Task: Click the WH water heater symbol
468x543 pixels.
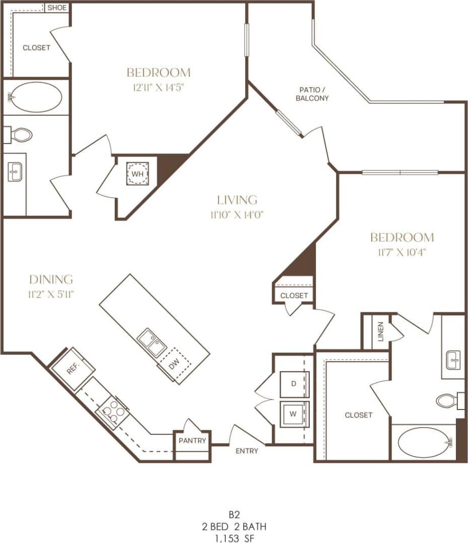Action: [x=137, y=174]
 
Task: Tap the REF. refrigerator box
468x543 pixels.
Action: [x=73, y=369]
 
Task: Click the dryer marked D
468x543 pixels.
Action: [x=293, y=384]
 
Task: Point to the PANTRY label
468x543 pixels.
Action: [x=192, y=441]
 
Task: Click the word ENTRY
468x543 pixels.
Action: [x=247, y=451]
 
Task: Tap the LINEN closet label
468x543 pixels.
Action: [x=380, y=332]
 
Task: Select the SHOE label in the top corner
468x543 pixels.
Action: [x=57, y=8]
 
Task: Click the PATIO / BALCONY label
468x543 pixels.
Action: [x=312, y=94]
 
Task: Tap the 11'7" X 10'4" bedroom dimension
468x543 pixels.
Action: [x=402, y=252]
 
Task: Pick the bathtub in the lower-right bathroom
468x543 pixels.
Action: [x=423, y=443]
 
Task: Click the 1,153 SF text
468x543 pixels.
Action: [x=233, y=537]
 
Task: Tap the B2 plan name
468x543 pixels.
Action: [x=233, y=515]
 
